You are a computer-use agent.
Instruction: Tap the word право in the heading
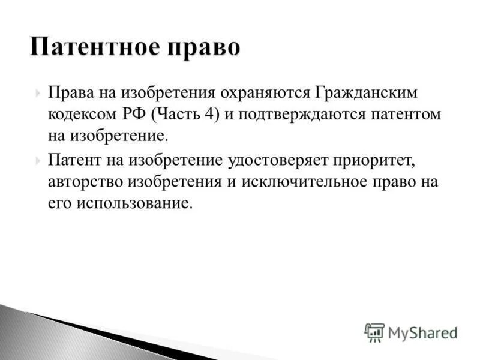coord(205,47)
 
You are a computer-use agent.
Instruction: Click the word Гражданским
coord(364,93)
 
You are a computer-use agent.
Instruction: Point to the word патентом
coord(408,114)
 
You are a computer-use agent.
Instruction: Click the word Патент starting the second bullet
coord(74,160)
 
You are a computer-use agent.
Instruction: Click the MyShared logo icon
coord(374,332)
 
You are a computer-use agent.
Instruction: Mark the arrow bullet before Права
coord(38,93)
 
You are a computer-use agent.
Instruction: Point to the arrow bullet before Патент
coord(38,160)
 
